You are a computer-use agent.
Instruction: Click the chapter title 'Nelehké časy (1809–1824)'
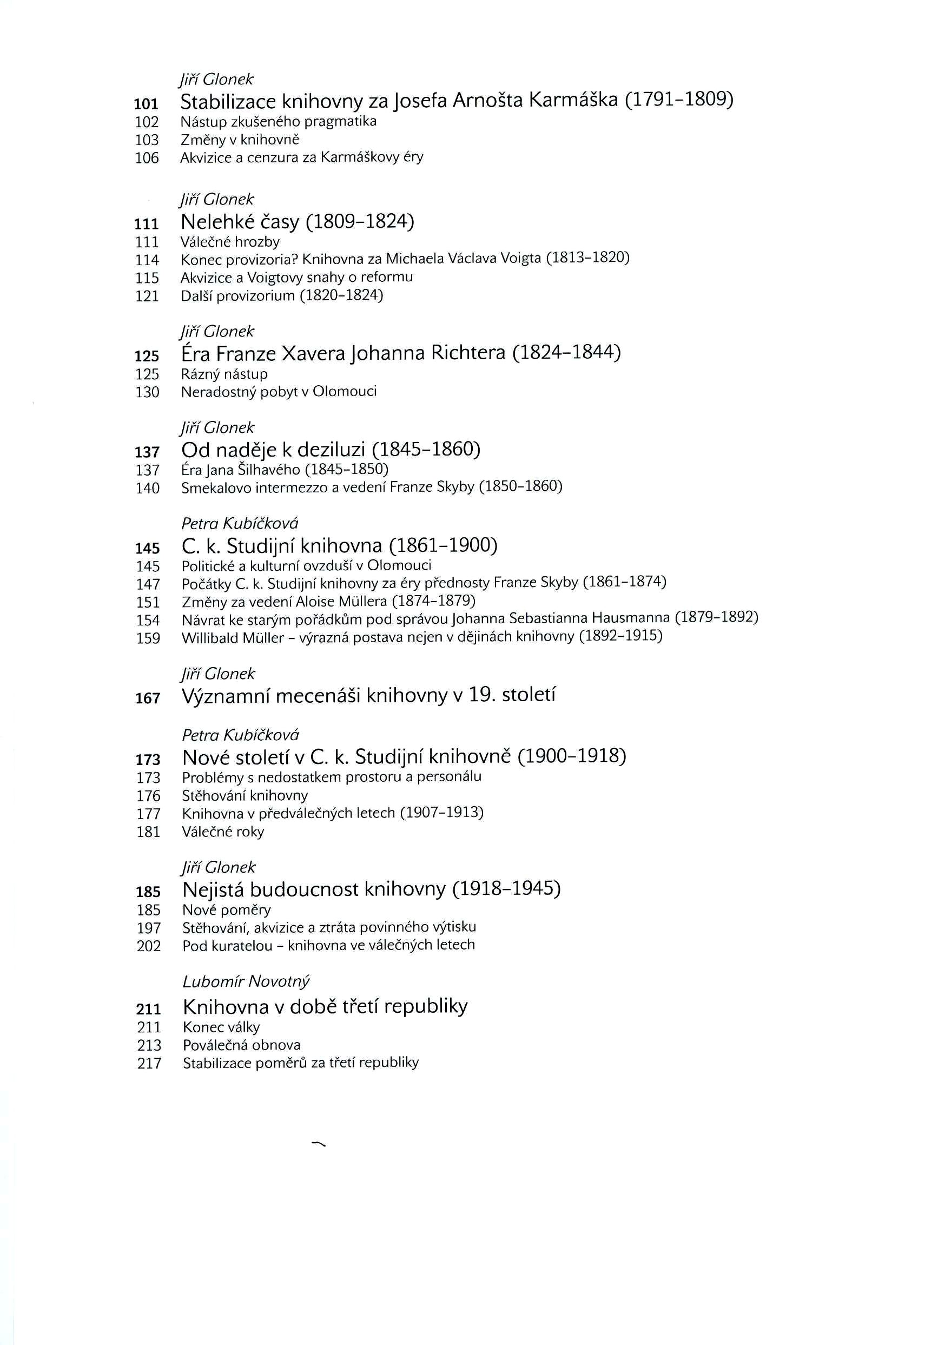point(297,222)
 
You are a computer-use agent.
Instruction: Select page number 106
point(147,157)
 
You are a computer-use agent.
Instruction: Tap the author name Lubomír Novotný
point(246,981)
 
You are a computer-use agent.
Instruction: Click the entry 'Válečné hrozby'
point(230,241)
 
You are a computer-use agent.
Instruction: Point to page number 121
point(147,296)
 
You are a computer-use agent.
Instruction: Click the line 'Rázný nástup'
point(224,374)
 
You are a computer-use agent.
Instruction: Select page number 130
point(147,392)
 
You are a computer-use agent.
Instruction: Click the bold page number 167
point(148,698)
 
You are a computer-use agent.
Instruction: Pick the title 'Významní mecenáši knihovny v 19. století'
point(368,695)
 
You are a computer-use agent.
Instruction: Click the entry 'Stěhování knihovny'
point(245,795)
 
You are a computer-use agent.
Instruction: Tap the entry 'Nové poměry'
point(226,910)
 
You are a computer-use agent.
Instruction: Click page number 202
point(148,946)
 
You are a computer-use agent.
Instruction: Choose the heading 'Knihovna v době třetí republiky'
point(325,1006)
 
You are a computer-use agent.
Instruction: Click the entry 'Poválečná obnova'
point(241,1045)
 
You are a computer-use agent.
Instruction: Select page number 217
point(149,1063)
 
